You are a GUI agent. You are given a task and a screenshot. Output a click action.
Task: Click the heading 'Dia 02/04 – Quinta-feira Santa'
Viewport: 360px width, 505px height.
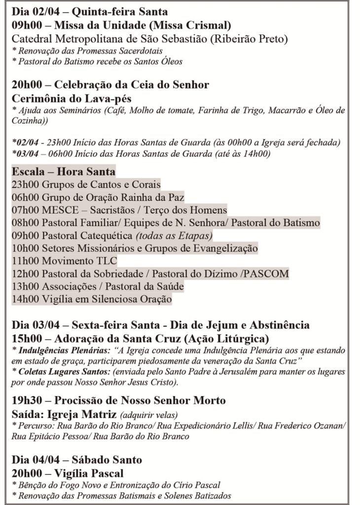click(x=89, y=12)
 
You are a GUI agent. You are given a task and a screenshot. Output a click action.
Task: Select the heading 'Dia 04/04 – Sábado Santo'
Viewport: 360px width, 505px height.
click(x=77, y=460)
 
